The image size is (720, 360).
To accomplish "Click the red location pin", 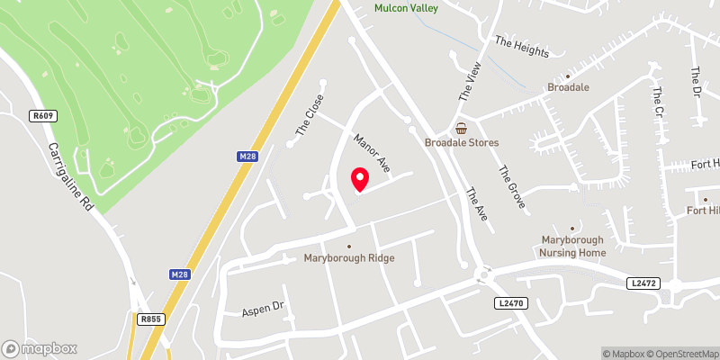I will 359,179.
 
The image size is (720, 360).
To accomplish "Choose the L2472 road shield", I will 642,283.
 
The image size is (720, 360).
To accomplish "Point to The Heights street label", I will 522,47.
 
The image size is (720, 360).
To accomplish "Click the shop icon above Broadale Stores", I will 462,129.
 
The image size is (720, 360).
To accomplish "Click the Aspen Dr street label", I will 263,309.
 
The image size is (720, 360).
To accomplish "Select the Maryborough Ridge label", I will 350,258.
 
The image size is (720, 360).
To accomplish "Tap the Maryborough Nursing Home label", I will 572,246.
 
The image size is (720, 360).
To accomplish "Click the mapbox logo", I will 40,348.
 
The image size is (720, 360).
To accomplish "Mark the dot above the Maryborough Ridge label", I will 350,246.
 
